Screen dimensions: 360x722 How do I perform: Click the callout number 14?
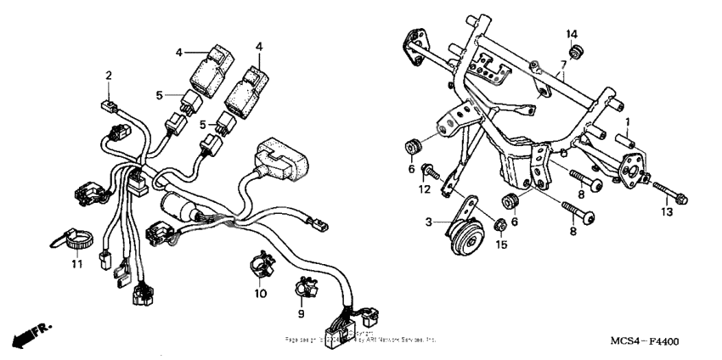click(x=573, y=33)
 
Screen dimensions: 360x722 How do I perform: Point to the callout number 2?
click(x=109, y=76)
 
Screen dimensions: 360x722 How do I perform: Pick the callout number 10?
click(x=261, y=293)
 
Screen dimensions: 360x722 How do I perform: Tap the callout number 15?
click(x=501, y=245)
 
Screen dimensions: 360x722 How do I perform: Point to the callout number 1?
click(x=628, y=122)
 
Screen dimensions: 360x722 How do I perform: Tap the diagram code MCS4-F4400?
click(x=644, y=340)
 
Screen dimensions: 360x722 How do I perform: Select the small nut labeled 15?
click(x=501, y=225)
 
